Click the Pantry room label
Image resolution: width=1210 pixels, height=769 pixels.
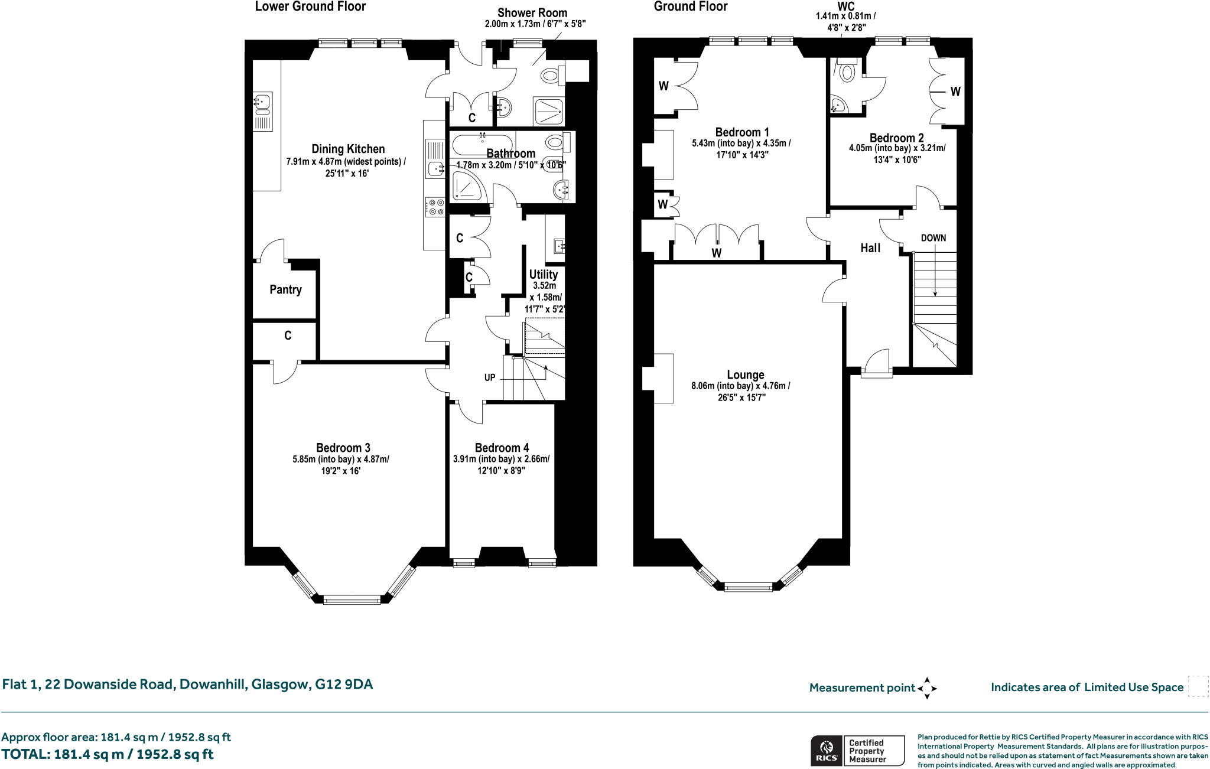coord(285,289)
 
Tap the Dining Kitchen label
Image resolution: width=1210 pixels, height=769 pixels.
coord(348,149)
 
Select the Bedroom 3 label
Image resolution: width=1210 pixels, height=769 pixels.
coord(343,448)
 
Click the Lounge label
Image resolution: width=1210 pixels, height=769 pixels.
coord(746,374)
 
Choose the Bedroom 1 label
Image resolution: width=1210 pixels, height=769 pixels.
coord(742,132)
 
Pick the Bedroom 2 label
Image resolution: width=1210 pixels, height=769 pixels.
coord(896,138)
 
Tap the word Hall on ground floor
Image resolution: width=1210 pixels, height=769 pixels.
coord(870,248)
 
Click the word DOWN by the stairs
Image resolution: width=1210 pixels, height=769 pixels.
coord(933,238)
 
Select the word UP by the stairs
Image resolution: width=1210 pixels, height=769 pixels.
coord(490,377)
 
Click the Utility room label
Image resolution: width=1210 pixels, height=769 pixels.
coord(543,275)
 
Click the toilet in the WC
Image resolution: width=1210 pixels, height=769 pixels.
coord(847,70)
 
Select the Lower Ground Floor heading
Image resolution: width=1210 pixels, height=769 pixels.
coord(310,6)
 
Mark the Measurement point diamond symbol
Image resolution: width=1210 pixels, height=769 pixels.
coord(927,688)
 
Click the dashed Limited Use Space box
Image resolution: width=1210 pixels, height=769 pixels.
coord(1198,687)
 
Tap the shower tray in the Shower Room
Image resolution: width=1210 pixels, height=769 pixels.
coord(549,111)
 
